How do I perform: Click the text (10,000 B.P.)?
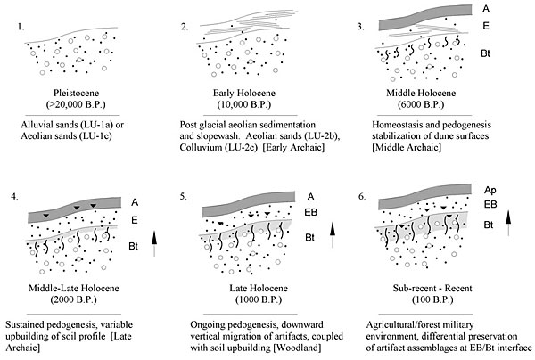point(259,105)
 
